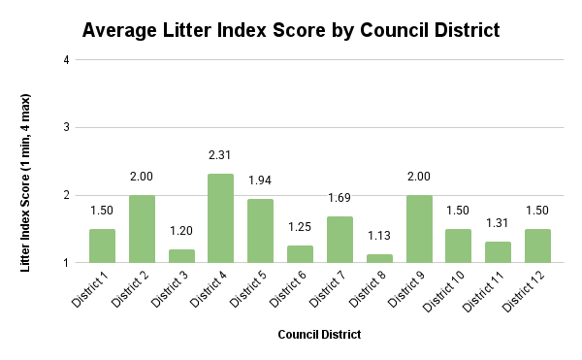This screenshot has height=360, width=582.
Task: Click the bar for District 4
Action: (220, 218)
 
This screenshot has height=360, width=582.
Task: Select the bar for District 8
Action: (378, 258)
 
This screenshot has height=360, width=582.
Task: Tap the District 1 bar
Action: (102, 245)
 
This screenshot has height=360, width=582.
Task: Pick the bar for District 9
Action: (418, 229)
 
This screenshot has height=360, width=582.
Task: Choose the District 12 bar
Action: (537, 245)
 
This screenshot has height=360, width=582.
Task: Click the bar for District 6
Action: (300, 254)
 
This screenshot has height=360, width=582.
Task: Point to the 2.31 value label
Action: (220, 155)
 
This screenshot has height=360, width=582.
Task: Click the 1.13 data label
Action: (378, 235)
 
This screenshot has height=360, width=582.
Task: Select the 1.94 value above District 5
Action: (260, 180)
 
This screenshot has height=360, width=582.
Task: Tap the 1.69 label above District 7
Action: (339, 197)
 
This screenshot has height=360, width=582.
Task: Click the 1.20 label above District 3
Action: (180, 231)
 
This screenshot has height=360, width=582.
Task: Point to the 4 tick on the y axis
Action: (66, 60)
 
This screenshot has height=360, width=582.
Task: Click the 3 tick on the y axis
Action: (66, 127)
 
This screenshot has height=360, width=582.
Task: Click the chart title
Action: (291, 30)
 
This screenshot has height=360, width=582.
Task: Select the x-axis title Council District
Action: (319, 335)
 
